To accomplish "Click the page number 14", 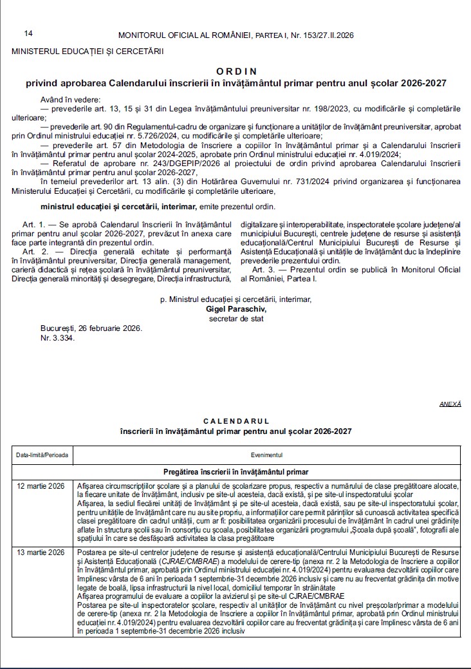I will point(28,33).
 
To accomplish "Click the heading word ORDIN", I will point(235,71).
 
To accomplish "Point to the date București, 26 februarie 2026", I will point(91,328).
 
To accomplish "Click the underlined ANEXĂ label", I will point(450,404).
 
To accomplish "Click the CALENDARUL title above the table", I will point(235,420).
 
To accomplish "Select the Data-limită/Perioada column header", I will point(42,455).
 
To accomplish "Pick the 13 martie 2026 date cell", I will point(40,553).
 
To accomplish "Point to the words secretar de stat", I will point(235,318).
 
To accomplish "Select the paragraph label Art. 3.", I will point(264,269).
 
